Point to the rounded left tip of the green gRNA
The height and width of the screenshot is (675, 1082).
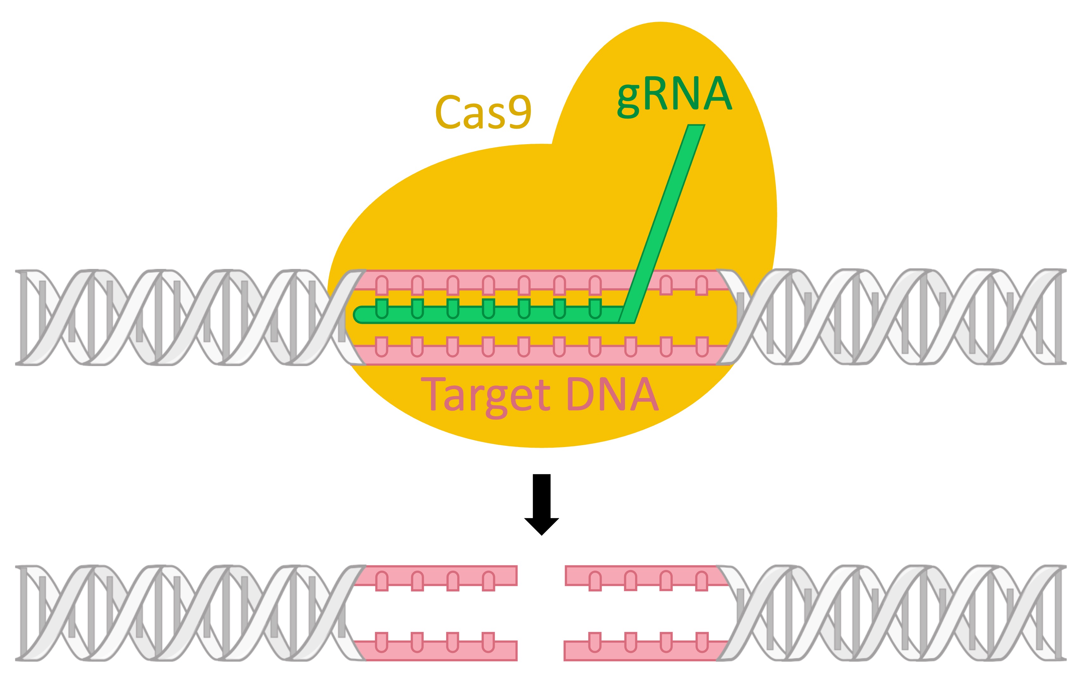[357, 315]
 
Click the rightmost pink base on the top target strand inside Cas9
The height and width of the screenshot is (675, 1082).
[701, 286]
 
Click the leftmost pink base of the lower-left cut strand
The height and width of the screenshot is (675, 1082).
[382, 642]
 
